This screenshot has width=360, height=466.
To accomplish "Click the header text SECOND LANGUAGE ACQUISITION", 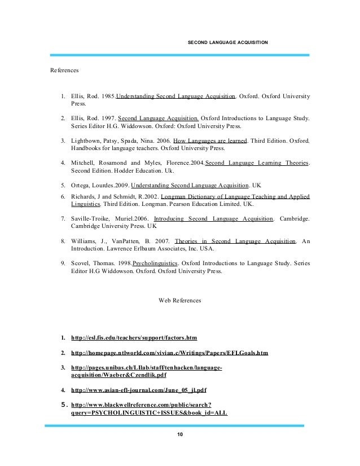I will click(227, 42).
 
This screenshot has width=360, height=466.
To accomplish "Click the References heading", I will click(64, 71).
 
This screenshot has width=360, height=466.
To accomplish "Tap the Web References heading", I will click(180, 300).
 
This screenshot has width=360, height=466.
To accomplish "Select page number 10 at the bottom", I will click(180, 434).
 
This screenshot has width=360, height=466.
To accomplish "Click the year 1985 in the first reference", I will click(106, 96).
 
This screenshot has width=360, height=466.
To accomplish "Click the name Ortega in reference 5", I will click(82, 184).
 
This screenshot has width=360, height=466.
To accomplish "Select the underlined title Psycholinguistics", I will click(156, 262).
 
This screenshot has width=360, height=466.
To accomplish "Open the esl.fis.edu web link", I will click(134, 338).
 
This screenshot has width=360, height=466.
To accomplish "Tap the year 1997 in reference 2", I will click(106, 118).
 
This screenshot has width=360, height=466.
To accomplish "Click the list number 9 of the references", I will click(62, 262).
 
